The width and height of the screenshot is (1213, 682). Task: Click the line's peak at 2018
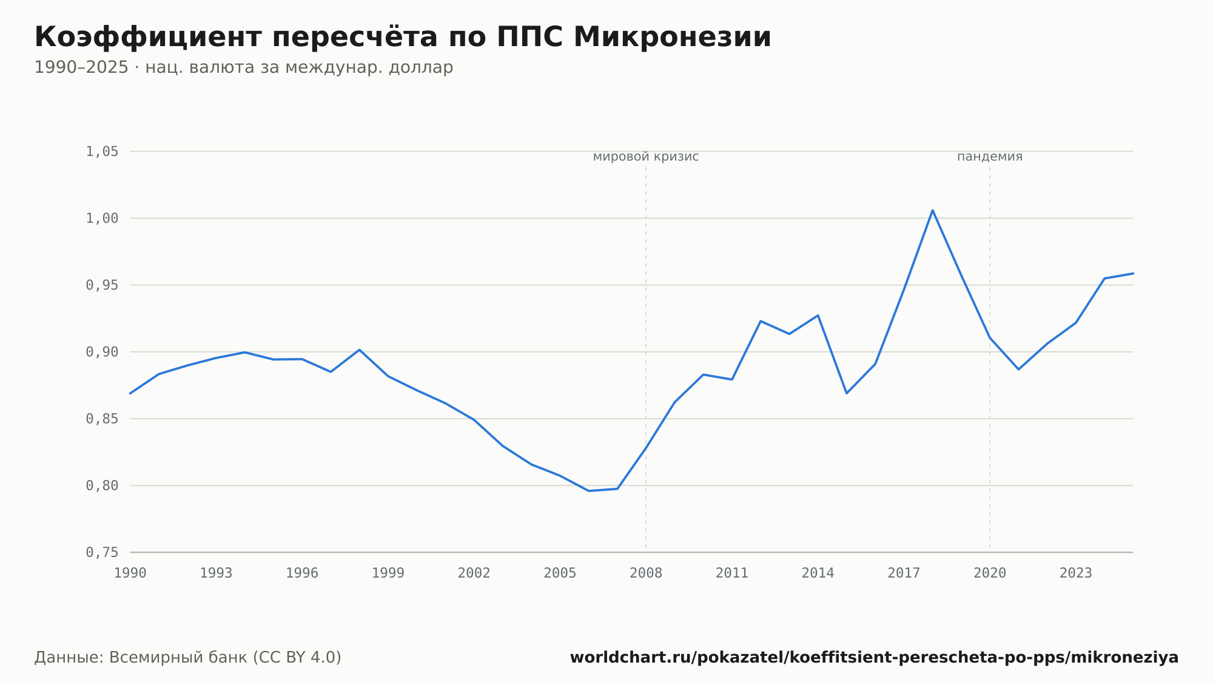coord(932,210)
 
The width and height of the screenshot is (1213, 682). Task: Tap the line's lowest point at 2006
coord(588,491)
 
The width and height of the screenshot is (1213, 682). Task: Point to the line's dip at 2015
coord(847,393)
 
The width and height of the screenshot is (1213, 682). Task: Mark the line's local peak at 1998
coord(359,349)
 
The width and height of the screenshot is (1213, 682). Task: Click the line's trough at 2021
coord(1018,369)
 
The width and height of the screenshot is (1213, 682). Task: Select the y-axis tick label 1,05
coord(102,151)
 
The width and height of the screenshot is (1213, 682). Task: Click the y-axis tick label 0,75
coord(102,552)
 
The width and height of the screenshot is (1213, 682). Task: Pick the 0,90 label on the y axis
coord(102,352)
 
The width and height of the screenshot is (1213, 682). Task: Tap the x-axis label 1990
coord(130,573)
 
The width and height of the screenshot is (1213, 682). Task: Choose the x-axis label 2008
coord(646,573)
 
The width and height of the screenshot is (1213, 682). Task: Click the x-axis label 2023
coord(1076,573)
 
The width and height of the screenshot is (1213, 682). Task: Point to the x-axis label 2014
coord(818,573)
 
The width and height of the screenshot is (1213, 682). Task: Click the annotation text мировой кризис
coord(646,157)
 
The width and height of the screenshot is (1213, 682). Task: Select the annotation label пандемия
coord(990,157)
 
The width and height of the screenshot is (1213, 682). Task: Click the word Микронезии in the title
coord(672,37)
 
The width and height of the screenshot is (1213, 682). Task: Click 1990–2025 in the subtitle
coord(81,67)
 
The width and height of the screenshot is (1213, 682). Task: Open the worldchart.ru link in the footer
coord(874,657)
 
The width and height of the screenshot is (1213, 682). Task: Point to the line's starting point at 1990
coord(130,393)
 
